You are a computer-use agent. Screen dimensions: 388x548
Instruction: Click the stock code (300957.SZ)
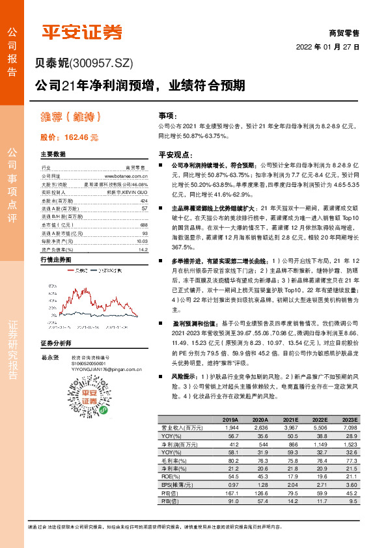[101, 64]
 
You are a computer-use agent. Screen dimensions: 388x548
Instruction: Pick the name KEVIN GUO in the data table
[136, 193]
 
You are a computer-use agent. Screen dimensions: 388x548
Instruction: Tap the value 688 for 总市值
[144, 224]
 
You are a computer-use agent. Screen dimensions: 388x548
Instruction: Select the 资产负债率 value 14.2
[143, 249]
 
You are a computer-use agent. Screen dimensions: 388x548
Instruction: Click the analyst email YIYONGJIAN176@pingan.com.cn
[106, 370]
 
